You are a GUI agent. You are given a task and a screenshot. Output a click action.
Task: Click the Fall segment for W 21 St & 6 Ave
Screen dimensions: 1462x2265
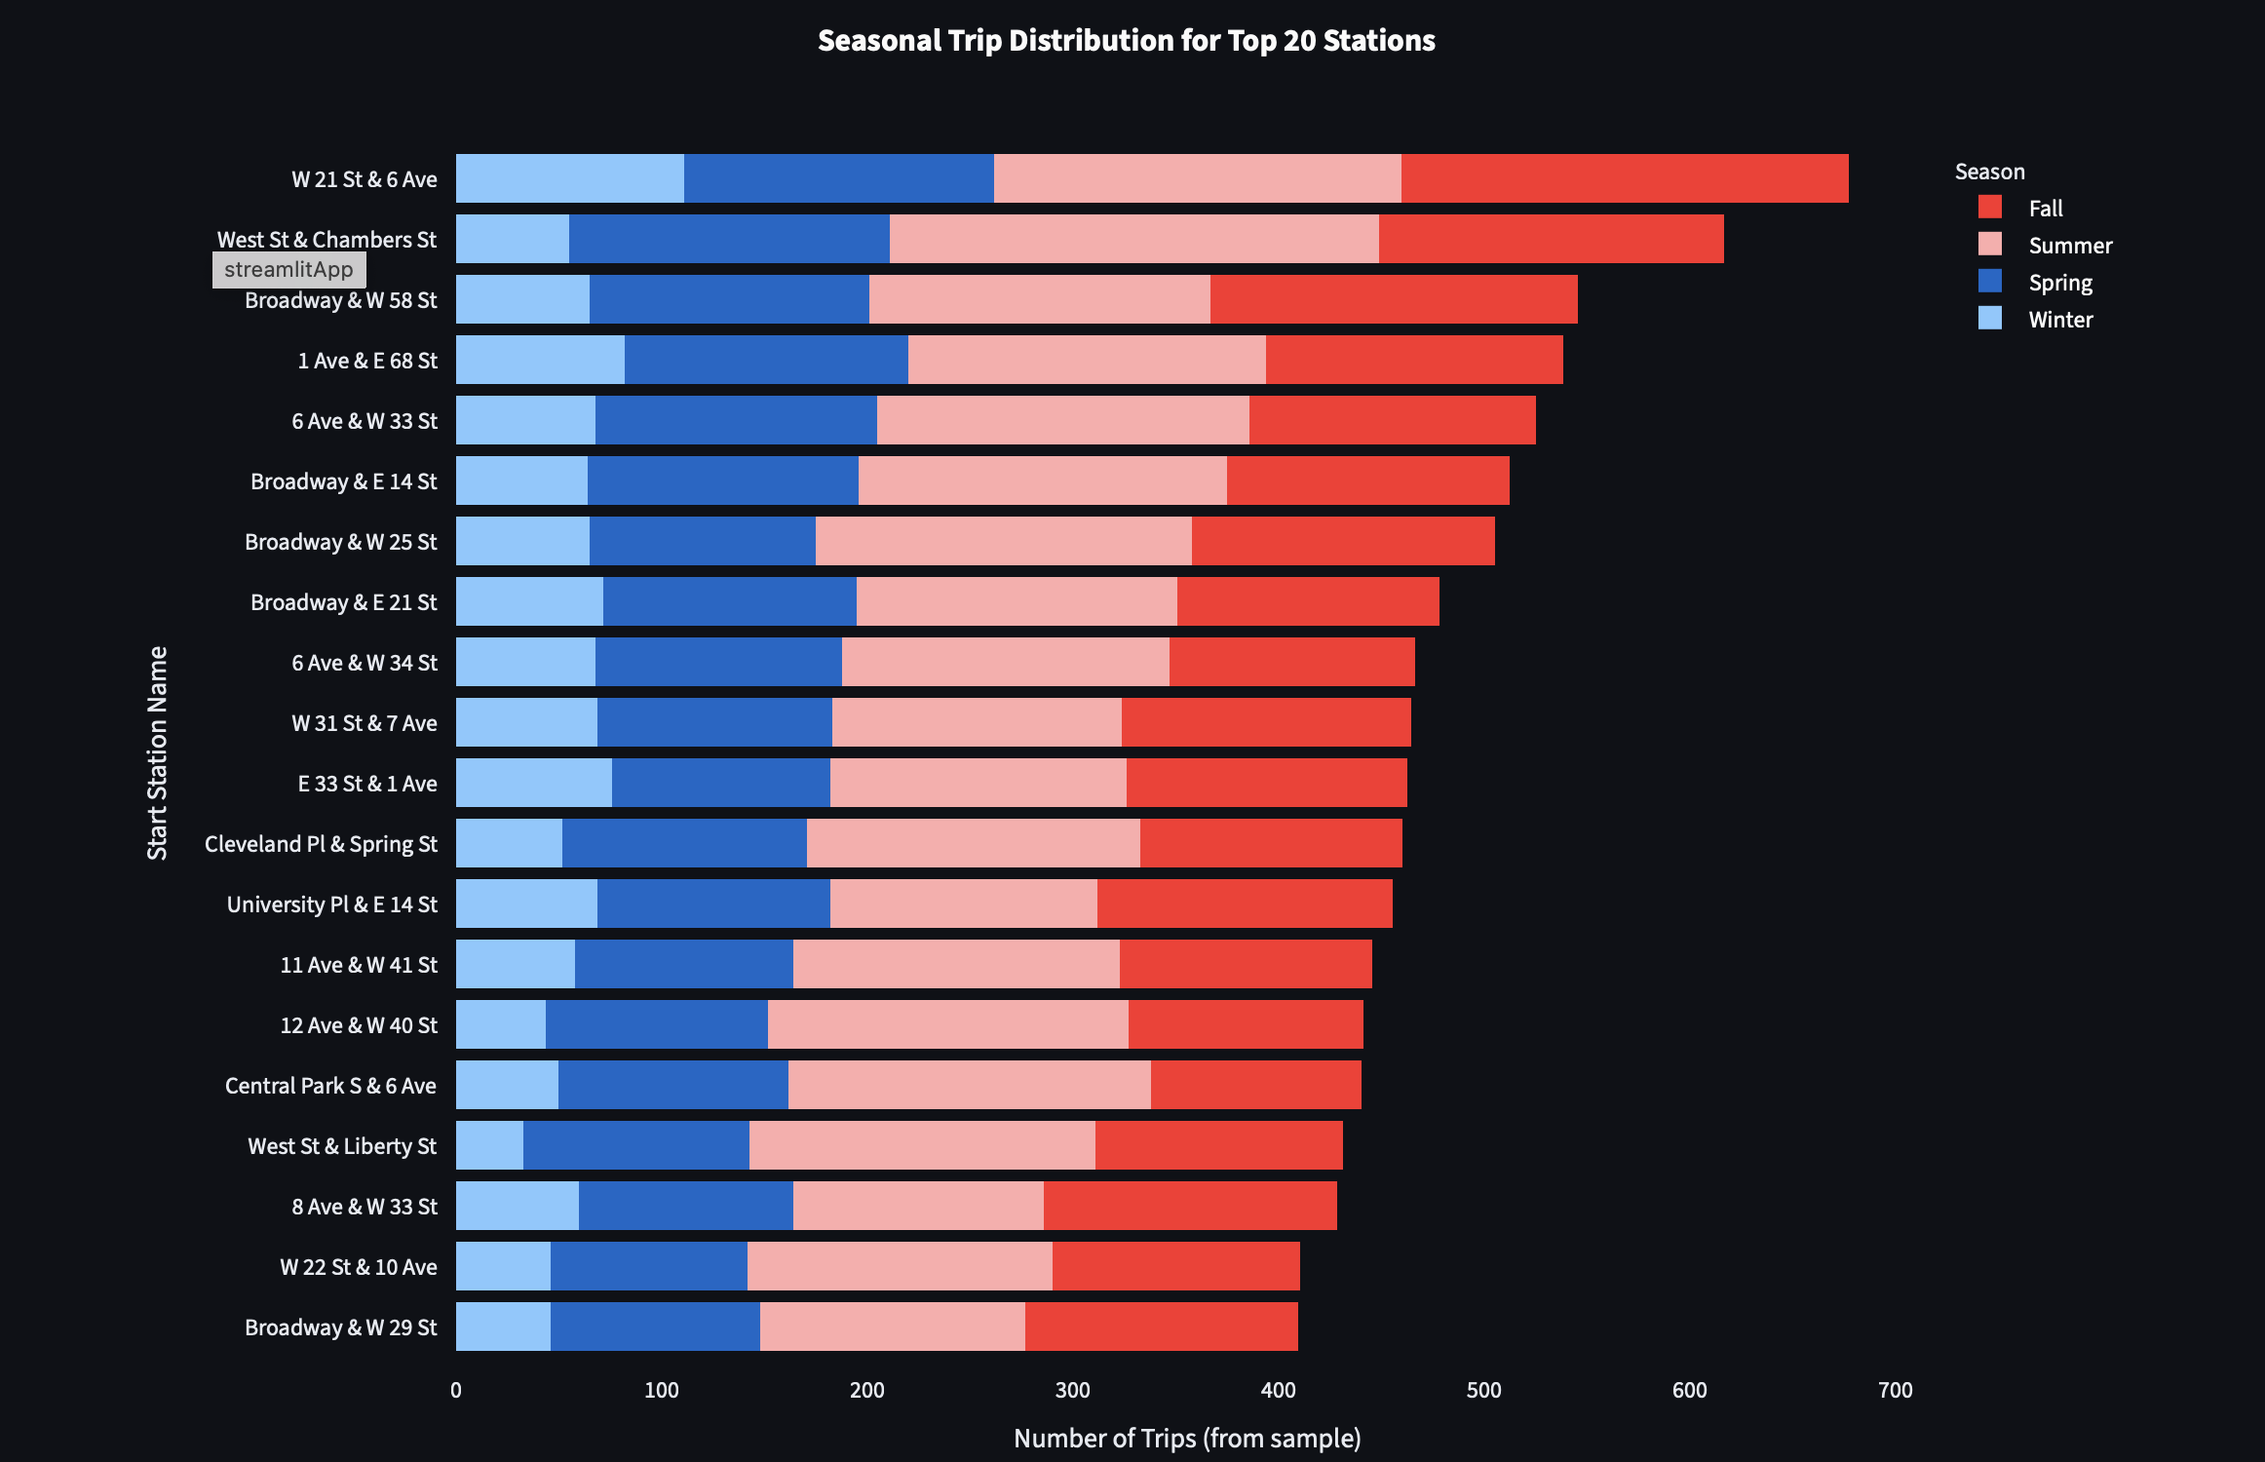tap(1625, 178)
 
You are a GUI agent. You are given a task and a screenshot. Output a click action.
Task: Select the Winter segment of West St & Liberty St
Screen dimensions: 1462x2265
tap(489, 1145)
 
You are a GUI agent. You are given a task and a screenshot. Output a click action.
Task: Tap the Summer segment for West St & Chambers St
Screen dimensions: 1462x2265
tap(1133, 239)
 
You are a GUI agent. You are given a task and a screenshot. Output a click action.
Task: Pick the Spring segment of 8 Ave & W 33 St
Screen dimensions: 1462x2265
tap(685, 1206)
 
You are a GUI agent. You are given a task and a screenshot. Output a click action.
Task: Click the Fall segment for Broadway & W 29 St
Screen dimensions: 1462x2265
tap(1161, 1327)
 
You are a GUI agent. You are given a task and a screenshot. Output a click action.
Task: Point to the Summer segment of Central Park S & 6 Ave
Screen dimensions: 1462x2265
tap(969, 1085)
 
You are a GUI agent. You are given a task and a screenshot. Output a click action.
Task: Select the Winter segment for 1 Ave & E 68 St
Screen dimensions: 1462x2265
tap(540, 360)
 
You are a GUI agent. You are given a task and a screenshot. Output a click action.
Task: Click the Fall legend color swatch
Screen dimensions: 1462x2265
tap(1989, 208)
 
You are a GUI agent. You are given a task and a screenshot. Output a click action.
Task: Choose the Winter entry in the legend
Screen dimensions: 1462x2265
tap(2059, 320)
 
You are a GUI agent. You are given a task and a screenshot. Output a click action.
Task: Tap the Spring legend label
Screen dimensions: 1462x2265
tap(2059, 283)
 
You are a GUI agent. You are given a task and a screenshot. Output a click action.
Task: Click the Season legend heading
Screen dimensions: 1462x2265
tap(1989, 172)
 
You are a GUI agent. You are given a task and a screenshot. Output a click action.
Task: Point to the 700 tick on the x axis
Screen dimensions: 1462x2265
tap(1895, 1390)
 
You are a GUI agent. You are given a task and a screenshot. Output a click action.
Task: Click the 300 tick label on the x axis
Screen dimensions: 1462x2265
tap(1072, 1390)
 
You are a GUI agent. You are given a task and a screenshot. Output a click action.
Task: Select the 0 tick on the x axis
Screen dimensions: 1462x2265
tap(456, 1390)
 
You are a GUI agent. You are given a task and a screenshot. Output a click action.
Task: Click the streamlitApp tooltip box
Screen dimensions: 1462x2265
tap(288, 270)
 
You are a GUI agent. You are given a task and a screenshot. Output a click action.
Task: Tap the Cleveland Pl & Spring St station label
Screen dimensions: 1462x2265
tap(321, 844)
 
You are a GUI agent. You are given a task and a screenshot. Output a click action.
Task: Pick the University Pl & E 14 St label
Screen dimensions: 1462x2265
tap(331, 904)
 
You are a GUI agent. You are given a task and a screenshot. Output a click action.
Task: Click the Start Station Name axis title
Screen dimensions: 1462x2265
tap(157, 752)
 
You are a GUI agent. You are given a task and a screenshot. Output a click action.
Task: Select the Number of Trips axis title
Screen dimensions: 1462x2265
tap(1186, 1438)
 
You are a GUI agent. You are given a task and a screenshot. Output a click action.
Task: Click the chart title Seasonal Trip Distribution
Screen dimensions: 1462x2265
tap(1126, 40)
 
